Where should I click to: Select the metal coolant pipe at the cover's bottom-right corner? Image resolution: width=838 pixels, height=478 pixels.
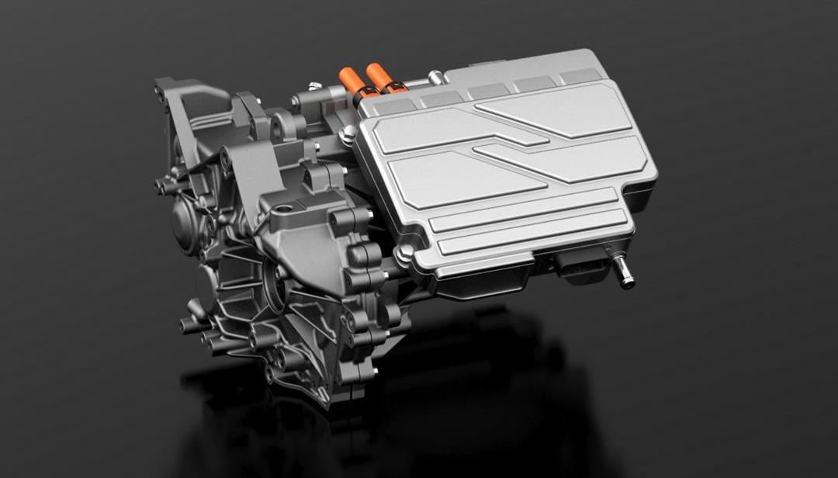[x=622, y=273]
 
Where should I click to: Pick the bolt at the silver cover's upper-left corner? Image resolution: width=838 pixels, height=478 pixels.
[x=348, y=137]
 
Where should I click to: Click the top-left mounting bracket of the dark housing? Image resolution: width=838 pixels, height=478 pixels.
[x=167, y=89]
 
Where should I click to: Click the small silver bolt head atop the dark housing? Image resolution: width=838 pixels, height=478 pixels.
[x=314, y=85]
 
